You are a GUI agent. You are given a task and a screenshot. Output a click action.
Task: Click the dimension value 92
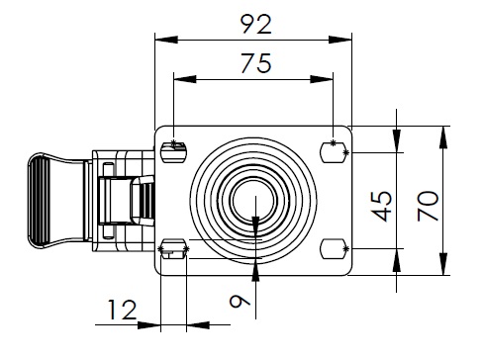256,24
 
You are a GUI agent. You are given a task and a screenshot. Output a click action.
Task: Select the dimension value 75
256,63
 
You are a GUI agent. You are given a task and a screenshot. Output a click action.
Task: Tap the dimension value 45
382,206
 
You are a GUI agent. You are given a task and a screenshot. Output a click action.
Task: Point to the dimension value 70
428,206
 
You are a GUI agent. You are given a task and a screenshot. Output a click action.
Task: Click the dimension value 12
122,310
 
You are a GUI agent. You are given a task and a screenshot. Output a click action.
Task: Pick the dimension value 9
240,302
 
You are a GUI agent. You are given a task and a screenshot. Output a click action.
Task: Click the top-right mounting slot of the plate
333,152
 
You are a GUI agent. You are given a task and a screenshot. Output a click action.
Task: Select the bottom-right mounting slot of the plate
333,249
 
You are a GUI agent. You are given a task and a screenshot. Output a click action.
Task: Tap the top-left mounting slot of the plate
173,152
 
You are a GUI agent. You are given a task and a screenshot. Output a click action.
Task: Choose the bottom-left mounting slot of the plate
173,249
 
